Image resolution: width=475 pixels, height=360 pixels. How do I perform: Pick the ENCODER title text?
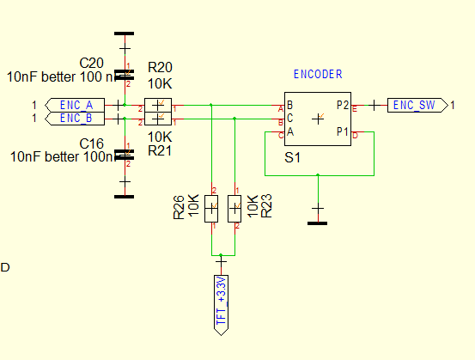(x=318, y=74)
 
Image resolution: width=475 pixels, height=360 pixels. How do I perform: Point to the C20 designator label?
(x=91, y=64)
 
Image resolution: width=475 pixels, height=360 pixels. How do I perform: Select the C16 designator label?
(x=91, y=143)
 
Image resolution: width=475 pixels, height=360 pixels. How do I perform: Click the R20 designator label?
(x=161, y=67)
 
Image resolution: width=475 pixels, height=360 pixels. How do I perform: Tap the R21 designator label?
(x=161, y=150)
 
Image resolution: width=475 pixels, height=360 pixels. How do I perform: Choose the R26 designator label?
(x=179, y=207)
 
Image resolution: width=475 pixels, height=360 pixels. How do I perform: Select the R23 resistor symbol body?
(x=234, y=209)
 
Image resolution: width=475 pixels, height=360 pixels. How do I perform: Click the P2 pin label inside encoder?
(x=343, y=105)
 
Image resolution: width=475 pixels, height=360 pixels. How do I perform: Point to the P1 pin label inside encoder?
(x=343, y=131)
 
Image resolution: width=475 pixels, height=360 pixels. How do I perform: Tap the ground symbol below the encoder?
(x=318, y=222)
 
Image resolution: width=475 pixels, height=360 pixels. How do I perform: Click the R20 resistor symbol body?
(x=155, y=106)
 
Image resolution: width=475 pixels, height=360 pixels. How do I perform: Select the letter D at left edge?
(x=5, y=267)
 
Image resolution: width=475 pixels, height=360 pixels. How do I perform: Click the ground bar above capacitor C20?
(x=125, y=34)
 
